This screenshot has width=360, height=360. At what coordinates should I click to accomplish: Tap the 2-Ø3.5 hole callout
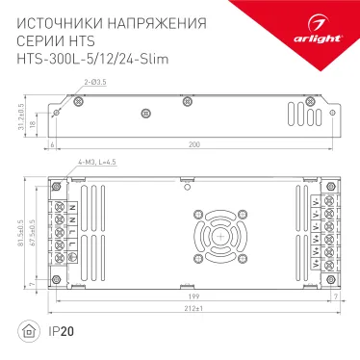[x=94, y=85]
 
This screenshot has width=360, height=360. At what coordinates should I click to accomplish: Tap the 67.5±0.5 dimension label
[x=35, y=235]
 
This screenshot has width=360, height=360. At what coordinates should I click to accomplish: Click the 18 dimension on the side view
[x=33, y=123]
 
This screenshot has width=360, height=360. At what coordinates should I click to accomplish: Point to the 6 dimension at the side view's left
[x=50, y=144]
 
